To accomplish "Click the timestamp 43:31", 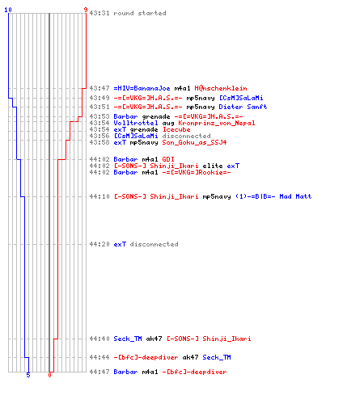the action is pos(99,13).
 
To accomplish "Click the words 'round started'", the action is pos(140,13).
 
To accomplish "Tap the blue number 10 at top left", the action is pos(8,10).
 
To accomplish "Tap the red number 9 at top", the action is pos(86,10).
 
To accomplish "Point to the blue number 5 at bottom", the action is pos(28,375).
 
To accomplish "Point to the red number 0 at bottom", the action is pos(49,375).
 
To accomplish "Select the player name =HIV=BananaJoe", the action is pos(142,88).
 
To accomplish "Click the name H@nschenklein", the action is pos(221,88).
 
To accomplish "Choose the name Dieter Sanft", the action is pos(243,107).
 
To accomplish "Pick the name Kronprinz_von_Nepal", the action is pos(217,123).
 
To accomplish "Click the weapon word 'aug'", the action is pos(168,124).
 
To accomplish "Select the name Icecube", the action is pos(176,129).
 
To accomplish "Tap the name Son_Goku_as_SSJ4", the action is pos(194,142).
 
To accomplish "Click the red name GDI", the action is pos(168,159).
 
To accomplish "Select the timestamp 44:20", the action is pos(99,244).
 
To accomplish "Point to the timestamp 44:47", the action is pos(99,372).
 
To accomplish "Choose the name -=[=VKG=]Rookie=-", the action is pos(197,172).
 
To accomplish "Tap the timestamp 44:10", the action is pos(99,196).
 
